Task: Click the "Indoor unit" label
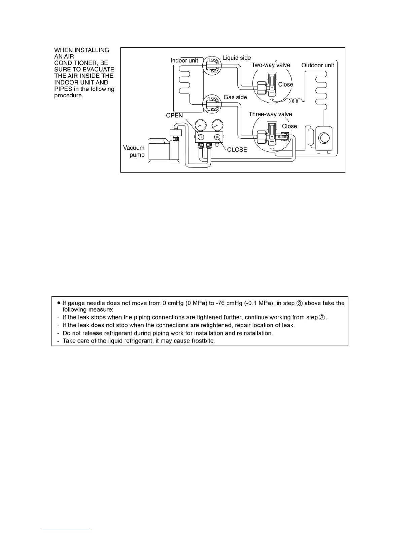(x=184, y=61)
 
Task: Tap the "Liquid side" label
(x=237, y=58)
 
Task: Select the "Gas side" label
(x=235, y=97)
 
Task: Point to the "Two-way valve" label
(x=271, y=65)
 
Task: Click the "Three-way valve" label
(x=270, y=114)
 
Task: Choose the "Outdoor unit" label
(x=317, y=65)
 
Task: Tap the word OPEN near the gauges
(x=174, y=115)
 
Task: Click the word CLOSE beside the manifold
(x=237, y=150)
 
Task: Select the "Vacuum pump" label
(x=134, y=151)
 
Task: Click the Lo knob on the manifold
(x=201, y=137)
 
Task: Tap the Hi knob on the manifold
(x=217, y=137)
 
